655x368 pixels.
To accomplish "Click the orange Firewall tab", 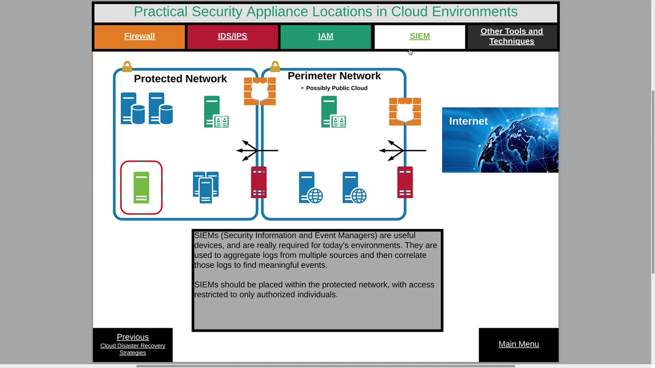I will (139, 36).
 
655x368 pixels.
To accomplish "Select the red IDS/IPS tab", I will (232, 36).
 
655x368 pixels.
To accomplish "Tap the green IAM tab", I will (325, 36).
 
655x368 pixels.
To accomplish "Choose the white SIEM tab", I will (420, 36).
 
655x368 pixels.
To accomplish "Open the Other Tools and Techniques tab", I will (512, 36).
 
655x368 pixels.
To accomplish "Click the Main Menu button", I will (518, 344).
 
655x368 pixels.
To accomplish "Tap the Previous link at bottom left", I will (133, 337).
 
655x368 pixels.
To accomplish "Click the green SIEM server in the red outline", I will (141, 188).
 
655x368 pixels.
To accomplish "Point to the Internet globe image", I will (500, 140).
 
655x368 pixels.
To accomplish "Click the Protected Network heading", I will (180, 79).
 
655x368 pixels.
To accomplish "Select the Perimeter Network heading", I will (334, 76).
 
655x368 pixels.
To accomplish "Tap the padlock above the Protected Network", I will (127, 66).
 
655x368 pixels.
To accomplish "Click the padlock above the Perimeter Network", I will (275, 66).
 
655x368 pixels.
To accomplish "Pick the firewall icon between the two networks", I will (259, 91).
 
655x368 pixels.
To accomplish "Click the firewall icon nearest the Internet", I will (405, 111).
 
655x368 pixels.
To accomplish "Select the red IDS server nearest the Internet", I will (405, 182).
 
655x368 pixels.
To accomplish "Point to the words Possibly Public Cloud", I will (336, 88).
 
